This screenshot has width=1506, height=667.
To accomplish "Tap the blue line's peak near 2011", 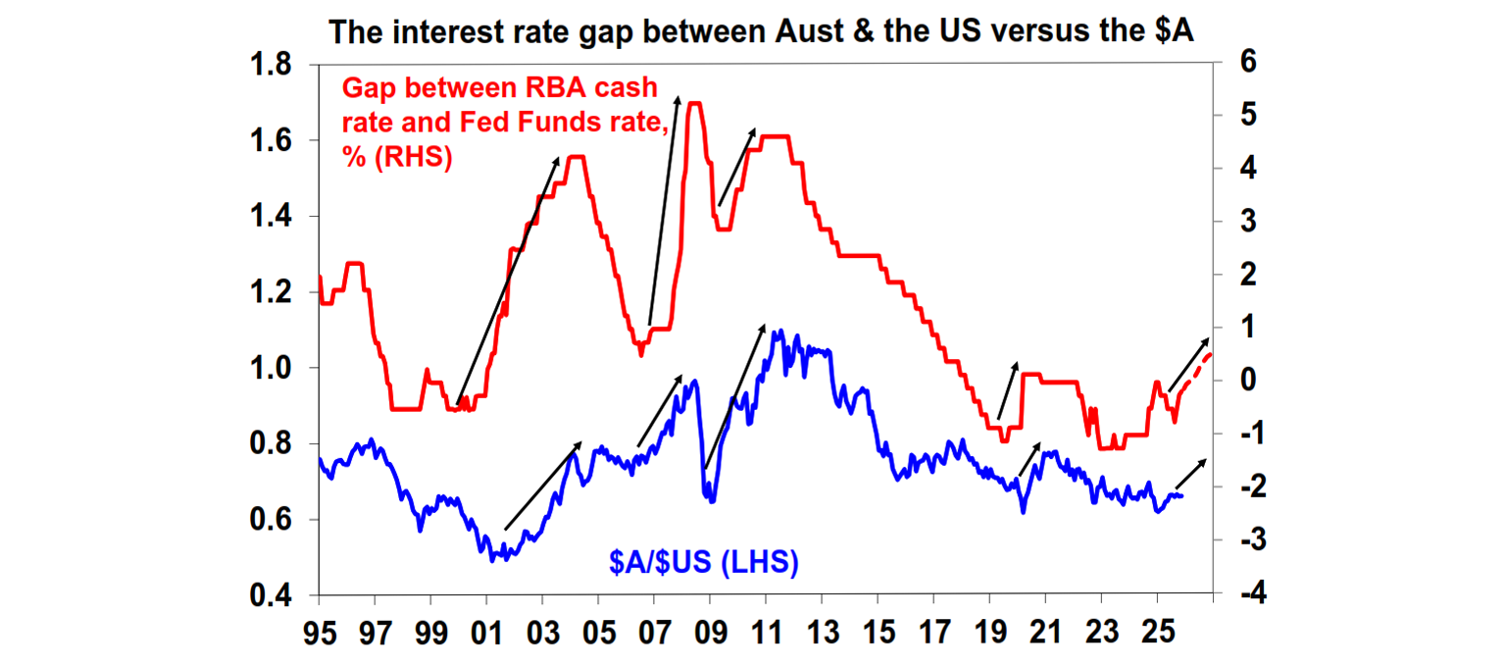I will coord(778,332).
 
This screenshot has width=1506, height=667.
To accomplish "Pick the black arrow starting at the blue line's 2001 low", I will coord(542,487).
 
